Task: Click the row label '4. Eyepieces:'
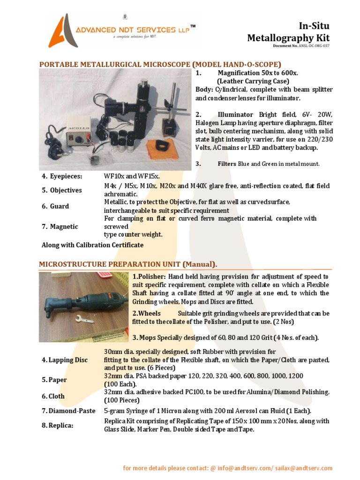(62, 176)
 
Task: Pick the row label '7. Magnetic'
(60, 226)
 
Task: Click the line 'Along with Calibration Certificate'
(92, 245)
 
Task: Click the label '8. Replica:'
(58, 425)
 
